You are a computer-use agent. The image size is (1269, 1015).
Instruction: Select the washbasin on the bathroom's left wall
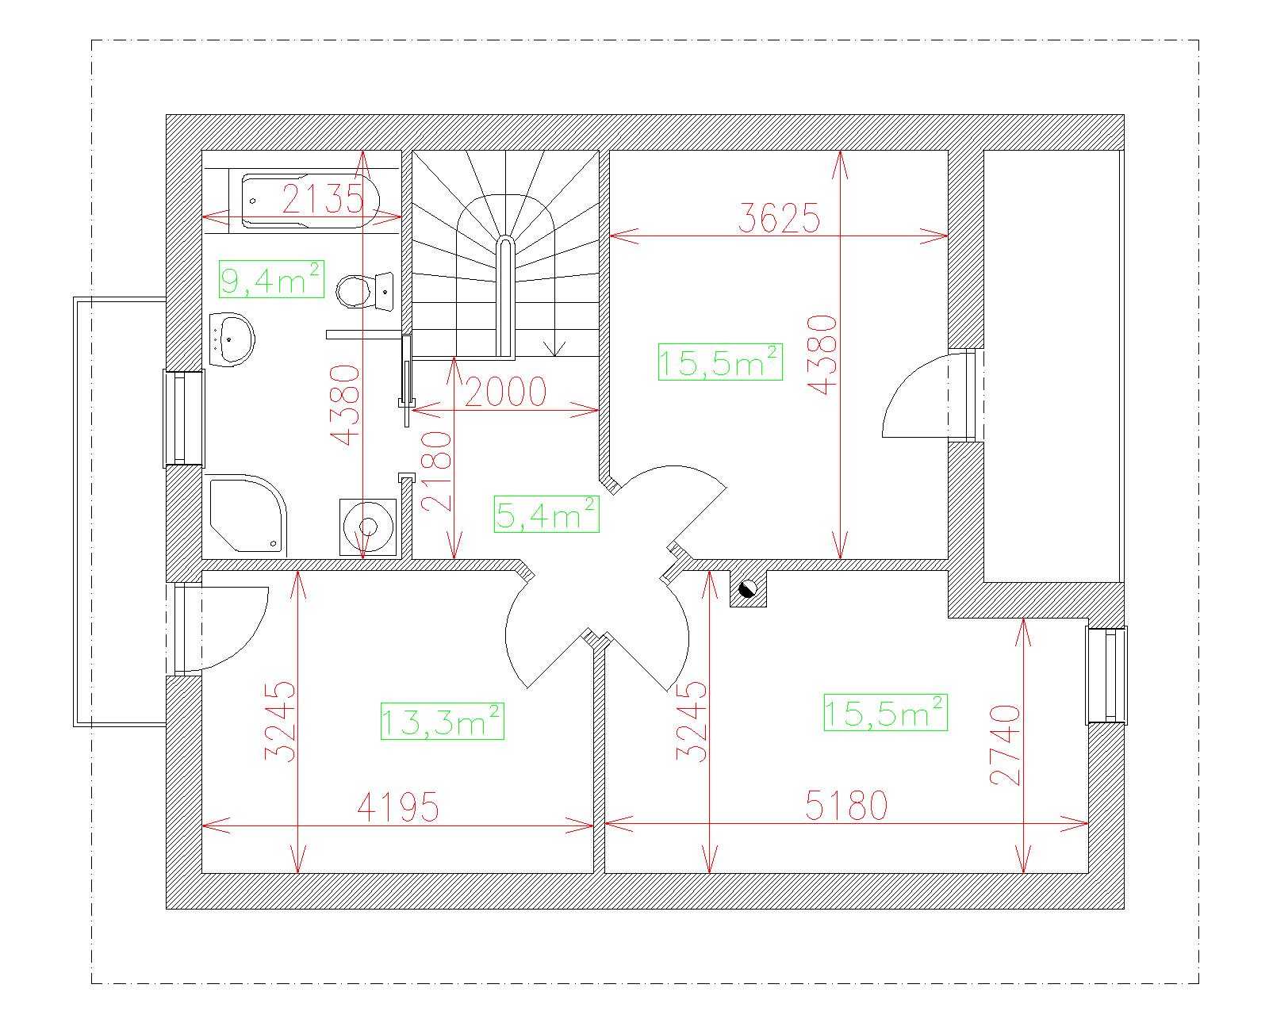click(232, 339)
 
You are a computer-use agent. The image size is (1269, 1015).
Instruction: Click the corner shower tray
click(247, 515)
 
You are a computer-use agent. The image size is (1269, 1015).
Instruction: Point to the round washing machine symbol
click(368, 527)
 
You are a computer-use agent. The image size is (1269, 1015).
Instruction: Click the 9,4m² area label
click(271, 279)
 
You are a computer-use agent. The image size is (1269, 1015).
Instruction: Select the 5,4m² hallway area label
click(546, 514)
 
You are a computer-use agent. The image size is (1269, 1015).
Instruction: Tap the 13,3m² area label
click(443, 721)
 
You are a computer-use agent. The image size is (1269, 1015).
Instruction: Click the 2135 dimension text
click(323, 198)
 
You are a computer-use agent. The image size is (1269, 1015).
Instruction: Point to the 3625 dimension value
click(779, 217)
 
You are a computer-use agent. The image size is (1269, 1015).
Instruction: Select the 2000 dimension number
click(505, 392)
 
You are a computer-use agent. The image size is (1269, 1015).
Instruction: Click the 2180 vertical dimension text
click(437, 471)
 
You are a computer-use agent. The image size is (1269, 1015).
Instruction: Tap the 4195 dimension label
click(399, 806)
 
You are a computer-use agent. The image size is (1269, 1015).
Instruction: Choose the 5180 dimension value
click(847, 805)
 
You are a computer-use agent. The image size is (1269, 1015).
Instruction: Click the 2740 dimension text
click(1005, 745)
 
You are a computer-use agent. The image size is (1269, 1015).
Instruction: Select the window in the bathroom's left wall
click(184, 418)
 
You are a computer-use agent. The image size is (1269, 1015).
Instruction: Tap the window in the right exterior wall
click(1106, 675)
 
